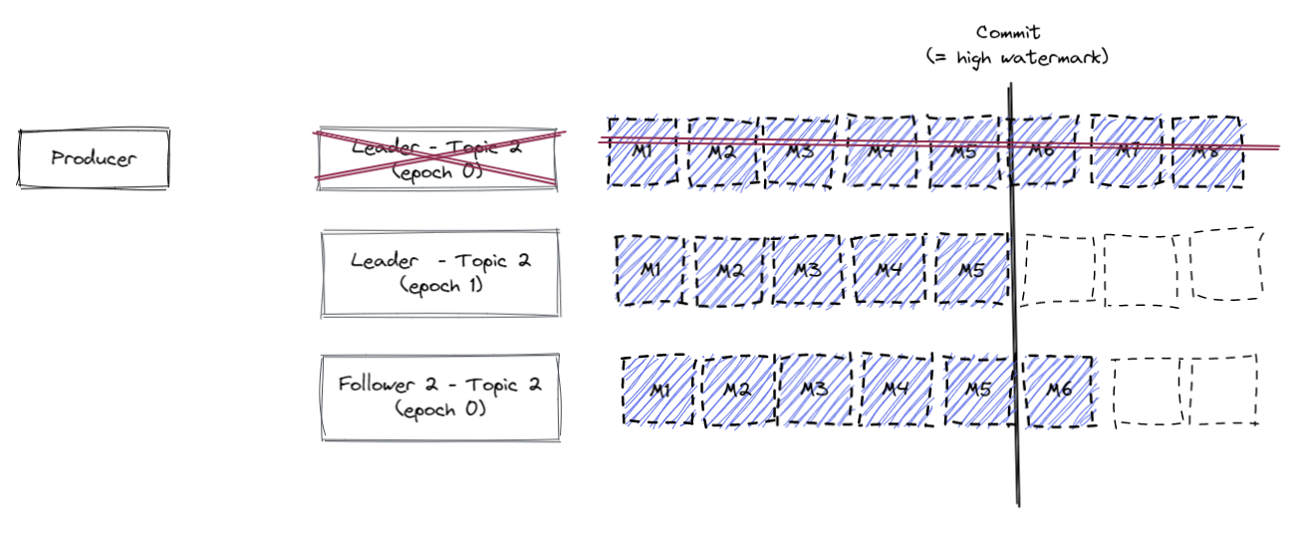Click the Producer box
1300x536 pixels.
click(x=94, y=157)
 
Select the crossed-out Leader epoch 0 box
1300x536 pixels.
click(x=436, y=156)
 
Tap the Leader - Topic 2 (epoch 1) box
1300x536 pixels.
click(x=440, y=271)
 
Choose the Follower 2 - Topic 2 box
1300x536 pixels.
click(x=439, y=398)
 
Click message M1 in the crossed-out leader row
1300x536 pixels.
click(x=643, y=152)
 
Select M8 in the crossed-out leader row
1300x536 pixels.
click(x=1207, y=152)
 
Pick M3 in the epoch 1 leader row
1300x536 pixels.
click(x=807, y=270)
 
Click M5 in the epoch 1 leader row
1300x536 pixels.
click(x=972, y=270)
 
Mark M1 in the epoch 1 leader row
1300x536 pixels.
click(x=650, y=270)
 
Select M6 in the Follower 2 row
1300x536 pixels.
click(x=1059, y=391)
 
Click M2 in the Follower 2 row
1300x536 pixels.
click(x=737, y=391)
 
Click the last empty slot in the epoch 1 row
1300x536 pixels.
click(x=1227, y=266)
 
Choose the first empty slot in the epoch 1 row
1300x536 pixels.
click(x=1058, y=269)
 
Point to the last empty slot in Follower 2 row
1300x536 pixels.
click(x=1222, y=391)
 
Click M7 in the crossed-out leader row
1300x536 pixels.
click(x=1127, y=151)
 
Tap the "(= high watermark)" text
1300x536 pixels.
click(x=1016, y=58)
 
